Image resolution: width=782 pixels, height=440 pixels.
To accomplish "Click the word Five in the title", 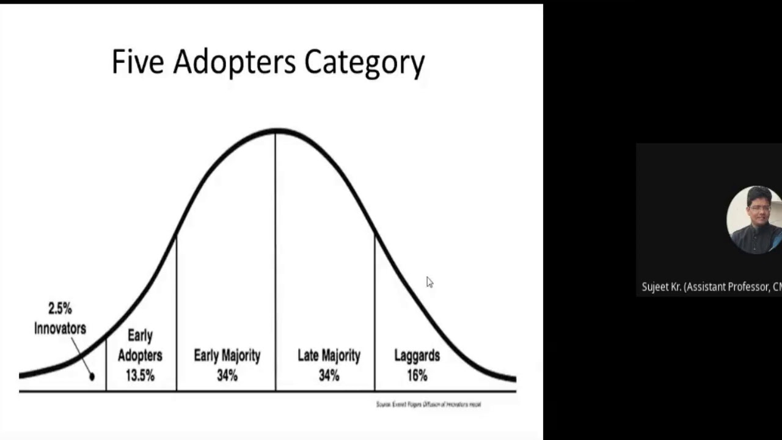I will (137, 62).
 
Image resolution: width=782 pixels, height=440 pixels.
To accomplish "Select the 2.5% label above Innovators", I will (60, 309).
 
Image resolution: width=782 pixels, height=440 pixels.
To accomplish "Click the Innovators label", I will (60, 328).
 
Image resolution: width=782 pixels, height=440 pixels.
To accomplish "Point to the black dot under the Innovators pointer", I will (92, 376).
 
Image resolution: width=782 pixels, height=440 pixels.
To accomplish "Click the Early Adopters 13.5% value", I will (140, 375).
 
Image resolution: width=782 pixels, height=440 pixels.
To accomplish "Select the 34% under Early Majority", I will (227, 375).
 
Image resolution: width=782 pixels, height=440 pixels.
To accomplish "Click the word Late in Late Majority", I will (309, 355).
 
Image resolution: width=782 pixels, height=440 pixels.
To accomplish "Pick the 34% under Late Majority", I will (329, 375).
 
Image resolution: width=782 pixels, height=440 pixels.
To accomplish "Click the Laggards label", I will (417, 355).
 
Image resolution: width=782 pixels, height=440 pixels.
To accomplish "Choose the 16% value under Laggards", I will (417, 375).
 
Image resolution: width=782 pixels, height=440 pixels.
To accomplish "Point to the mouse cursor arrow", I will (429, 281).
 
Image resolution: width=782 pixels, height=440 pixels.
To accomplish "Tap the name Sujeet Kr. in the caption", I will (662, 287).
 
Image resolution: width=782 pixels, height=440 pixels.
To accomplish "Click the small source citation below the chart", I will (428, 404).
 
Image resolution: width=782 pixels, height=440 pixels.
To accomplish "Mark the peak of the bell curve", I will (276, 130).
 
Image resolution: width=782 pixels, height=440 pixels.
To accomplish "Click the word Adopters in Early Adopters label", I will (140, 355).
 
